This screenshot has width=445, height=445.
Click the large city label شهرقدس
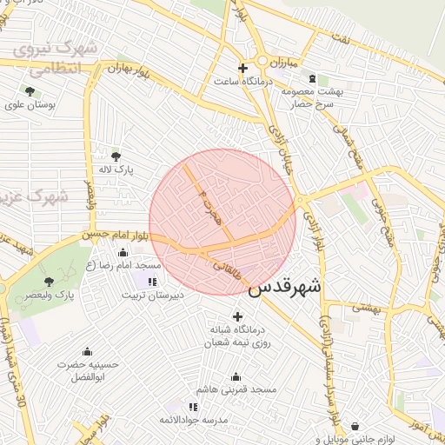[x=284, y=288]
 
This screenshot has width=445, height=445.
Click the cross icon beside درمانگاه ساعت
[x=242, y=67]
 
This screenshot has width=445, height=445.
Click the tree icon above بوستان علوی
[x=30, y=90]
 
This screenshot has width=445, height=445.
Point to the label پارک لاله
[x=116, y=169]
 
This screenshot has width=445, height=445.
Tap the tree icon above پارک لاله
[x=116, y=156]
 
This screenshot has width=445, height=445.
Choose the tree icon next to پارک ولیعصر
[x=49, y=282]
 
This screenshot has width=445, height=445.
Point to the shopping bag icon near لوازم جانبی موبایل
[x=355, y=427]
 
